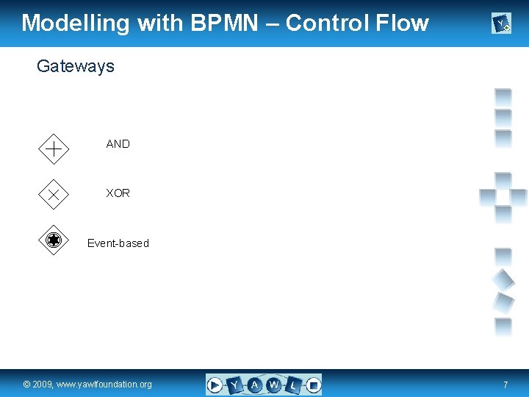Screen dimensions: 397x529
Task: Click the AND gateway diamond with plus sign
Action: point(53,149)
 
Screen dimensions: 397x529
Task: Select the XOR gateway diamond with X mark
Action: point(53,195)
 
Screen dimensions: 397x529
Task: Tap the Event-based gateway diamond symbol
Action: point(53,240)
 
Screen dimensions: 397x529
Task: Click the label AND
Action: point(118,144)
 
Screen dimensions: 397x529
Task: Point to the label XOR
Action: point(118,193)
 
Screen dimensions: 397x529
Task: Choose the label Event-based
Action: point(118,243)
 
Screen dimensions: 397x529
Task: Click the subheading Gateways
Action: point(76,66)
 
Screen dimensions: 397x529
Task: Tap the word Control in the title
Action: point(329,23)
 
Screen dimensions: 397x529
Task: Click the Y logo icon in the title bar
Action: point(501,25)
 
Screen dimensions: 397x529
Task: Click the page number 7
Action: point(505,385)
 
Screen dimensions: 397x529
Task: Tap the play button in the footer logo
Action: point(215,385)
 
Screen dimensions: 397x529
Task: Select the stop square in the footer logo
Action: point(313,385)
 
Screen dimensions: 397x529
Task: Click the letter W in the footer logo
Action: point(273,385)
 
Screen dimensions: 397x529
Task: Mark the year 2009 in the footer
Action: point(42,385)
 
